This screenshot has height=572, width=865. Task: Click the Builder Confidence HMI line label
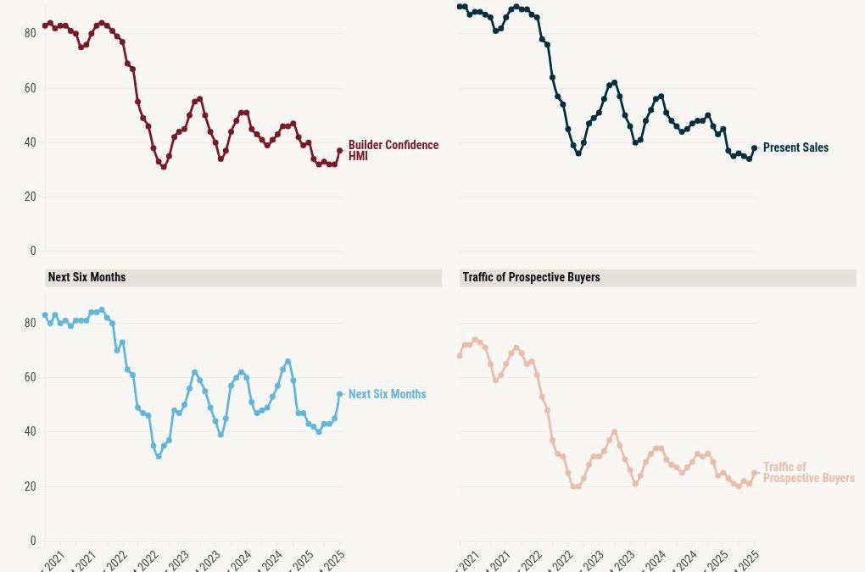point(393,151)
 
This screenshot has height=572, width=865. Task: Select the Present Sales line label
point(795,147)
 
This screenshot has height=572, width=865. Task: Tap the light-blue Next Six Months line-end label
point(387,394)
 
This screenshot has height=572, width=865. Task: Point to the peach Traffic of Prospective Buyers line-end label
point(808,473)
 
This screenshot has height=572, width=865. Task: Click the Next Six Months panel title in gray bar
point(86,277)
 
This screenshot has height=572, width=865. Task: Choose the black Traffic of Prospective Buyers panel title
point(531,277)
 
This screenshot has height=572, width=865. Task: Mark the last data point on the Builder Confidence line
point(340,150)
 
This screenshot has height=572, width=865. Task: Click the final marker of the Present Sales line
point(755,147)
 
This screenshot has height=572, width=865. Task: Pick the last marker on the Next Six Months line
point(340,394)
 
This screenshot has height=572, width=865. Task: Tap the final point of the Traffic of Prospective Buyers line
point(755,473)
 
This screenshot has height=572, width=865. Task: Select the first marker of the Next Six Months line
point(45,315)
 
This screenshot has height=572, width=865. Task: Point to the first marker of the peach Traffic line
point(460,356)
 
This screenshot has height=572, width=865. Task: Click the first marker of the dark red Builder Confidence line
point(45,25)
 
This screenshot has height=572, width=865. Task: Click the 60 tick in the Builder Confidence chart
point(30,88)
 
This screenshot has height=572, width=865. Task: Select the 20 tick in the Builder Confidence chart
point(30,197)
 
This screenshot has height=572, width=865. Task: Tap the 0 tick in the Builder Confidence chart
point(33,251)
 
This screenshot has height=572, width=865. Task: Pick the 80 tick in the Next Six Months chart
point(30,323)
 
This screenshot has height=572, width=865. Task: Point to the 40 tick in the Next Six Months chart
point(30,431)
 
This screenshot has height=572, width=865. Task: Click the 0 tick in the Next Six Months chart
point(33,541)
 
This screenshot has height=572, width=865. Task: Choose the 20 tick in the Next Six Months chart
point(30,486)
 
